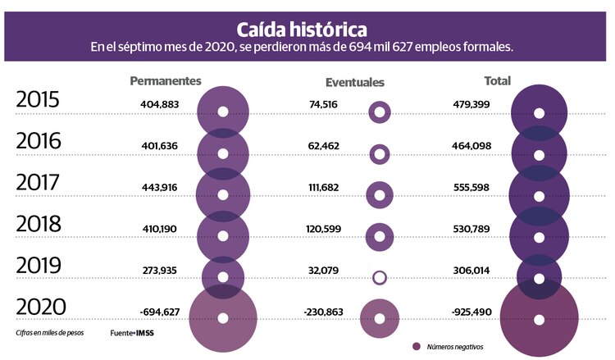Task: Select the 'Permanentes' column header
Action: click(x=166, y=80)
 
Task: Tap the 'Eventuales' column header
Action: click(x=354, y=82)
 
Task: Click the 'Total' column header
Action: click(x=497, y=80)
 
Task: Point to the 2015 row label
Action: click(x=39, y=100)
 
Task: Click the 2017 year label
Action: click(x=39, y=182)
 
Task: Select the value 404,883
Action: click(x=166, y=104)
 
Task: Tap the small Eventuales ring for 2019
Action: click(x=379, y=277)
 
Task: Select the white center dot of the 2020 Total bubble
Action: click(x=539, y=319)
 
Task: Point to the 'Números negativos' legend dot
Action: click(x=416, y=346)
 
